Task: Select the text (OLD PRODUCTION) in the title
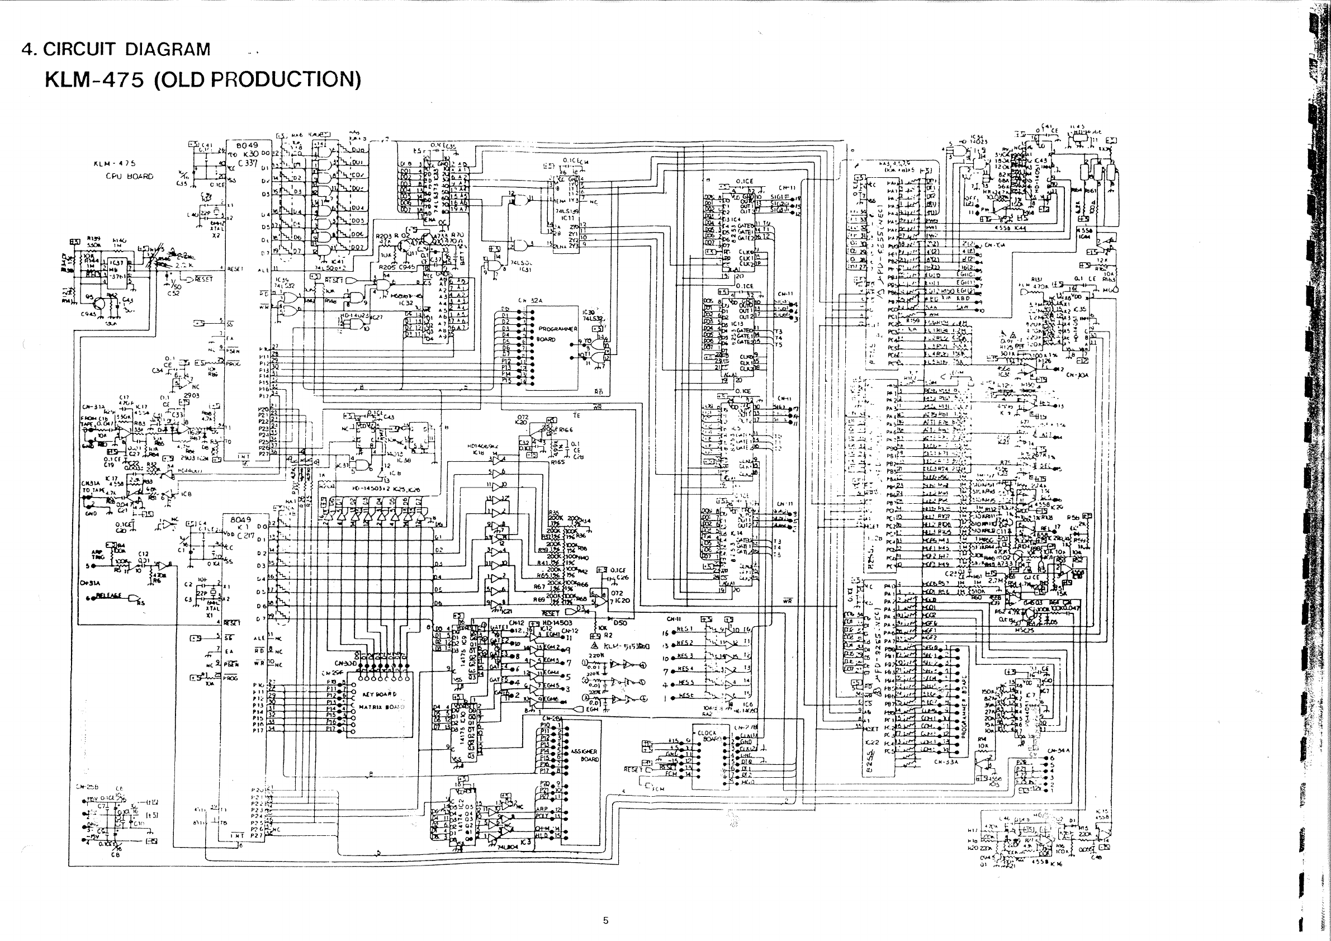(x=257, y=79)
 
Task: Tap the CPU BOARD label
(x=129, y=176)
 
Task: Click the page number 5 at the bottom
(x=606, y=920)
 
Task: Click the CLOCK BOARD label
(x=707, y=736)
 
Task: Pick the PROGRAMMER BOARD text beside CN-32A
(x=558, y=333)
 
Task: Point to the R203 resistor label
(x=384, y=236)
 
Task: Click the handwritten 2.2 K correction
(x=186, y=265)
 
